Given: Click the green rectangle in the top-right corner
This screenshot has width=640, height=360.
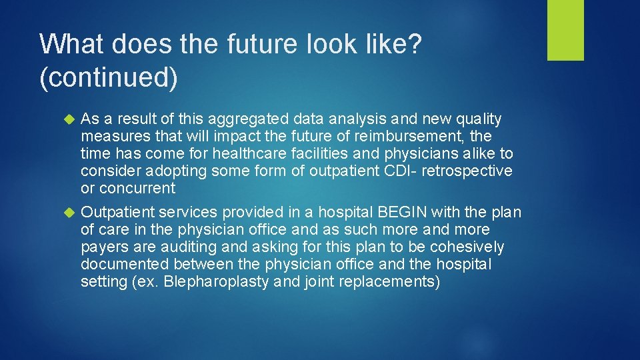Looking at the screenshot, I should tap(565, 30).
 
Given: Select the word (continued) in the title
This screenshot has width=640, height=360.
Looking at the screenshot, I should tap(109, 78).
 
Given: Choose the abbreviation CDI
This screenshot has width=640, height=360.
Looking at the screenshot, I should tap(402, 171).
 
